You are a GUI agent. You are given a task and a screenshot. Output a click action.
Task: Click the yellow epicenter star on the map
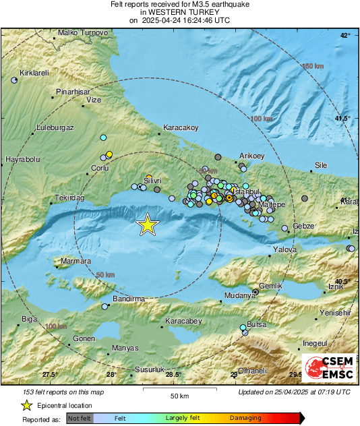pos(147,225)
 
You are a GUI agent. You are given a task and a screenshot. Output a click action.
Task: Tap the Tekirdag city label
pos(69,198)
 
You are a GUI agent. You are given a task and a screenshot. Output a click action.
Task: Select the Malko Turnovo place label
pos(83,32)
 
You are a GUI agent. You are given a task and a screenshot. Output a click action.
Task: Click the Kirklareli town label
pos(36,72)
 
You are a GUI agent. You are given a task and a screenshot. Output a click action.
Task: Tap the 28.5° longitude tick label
pos(174,375)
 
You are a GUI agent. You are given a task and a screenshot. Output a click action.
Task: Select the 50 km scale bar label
pos(179,395)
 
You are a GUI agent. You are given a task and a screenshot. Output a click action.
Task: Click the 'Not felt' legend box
pos(80,419)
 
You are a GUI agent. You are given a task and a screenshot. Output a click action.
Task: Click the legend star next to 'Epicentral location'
pos(26,405)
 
